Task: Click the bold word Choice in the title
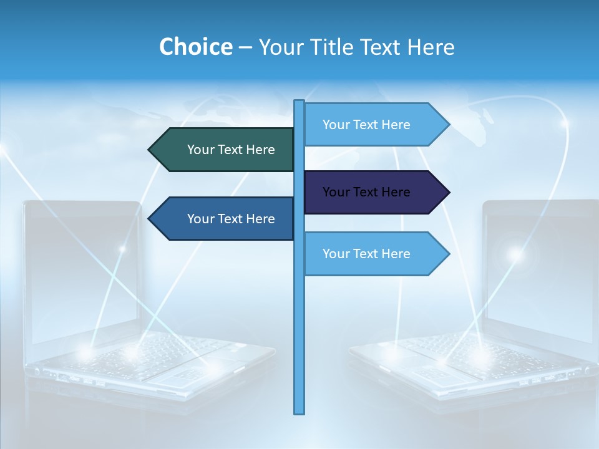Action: tap(195, 47)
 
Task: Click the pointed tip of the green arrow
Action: tap(150, 150)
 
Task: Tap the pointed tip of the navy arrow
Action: tap(448, 192)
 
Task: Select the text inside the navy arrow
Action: tap(366, 192)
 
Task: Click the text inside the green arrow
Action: tap(231, 150)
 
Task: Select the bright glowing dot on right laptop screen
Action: tap(515, 254)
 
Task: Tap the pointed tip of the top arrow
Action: tap(448, 125)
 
